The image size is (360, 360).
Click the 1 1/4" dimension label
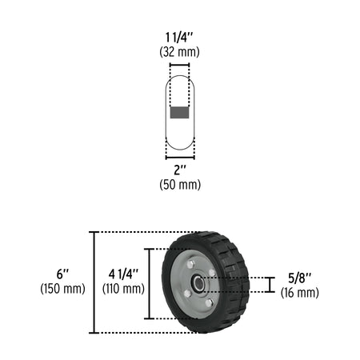179,38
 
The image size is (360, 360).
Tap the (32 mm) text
179,52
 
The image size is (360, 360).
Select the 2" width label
180,170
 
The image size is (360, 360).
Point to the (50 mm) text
180,185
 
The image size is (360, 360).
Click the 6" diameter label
62,274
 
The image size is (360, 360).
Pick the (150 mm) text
62,289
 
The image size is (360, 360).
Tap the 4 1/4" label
123,274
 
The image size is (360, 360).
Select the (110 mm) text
123,289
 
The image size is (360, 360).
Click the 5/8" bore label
300,278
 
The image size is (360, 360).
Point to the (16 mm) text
300,293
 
